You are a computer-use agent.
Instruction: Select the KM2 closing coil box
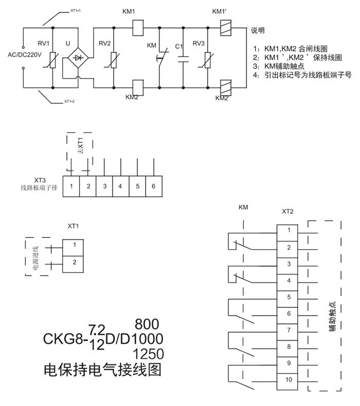pos(137,87)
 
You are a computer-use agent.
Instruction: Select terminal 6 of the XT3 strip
pos(153,186)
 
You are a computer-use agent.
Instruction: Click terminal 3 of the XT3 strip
pos(104,186)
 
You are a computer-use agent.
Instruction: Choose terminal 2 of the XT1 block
pos(75,263)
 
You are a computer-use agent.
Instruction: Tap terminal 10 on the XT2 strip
pos(289,379)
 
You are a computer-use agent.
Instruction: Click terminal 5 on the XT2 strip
pos(289,297)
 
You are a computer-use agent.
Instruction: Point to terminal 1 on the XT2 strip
pos(289,230)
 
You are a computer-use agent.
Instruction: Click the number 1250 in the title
pos(149,354)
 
